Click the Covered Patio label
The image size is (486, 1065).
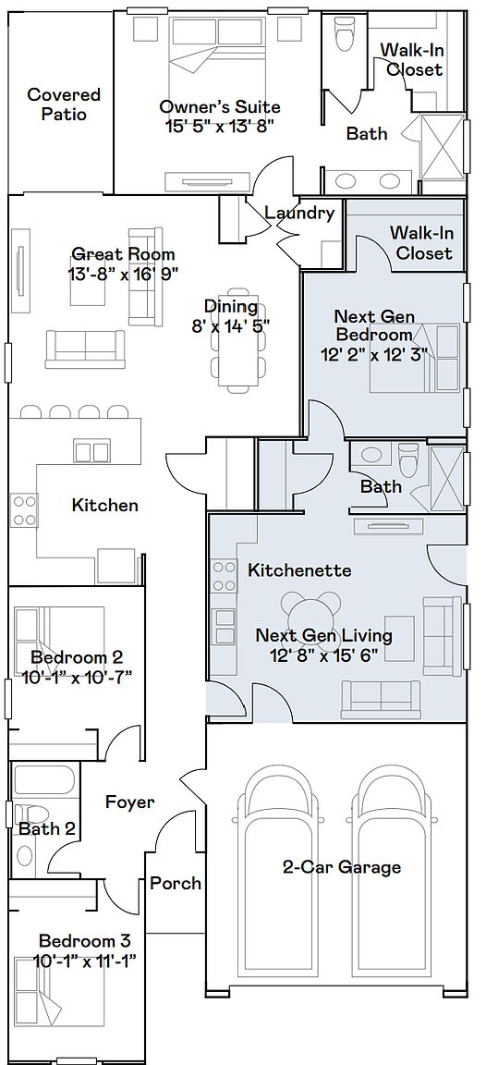click(x=64, y=104)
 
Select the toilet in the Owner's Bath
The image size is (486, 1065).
click(x=345, y=31)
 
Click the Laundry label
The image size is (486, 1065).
click(x=299, y=213)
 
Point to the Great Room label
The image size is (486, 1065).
click(x=123, y=255)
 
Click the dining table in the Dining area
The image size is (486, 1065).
click(x=237, y=338)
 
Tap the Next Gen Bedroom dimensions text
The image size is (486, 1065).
click(x=374, y=354)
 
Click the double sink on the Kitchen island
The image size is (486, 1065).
click(x=91, y=452)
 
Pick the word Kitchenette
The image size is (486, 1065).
click(x=299, y=569)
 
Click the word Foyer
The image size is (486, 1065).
click(x=129, y=802)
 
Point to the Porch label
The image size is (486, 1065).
click(x=176, y=883)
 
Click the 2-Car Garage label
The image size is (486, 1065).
click(x=342, y=866)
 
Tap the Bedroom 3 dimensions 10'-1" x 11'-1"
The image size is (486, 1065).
click(x=85, y=961)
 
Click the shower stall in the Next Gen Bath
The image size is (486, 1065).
click(x=446, y=475)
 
